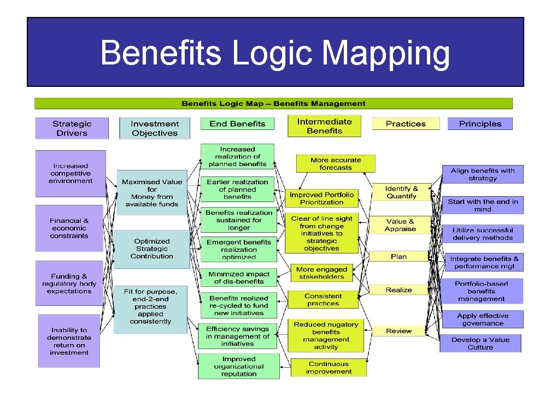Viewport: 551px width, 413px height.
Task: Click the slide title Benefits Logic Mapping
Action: (275, 53)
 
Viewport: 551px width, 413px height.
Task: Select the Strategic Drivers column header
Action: (72, 128)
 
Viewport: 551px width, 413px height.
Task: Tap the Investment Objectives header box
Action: (155, 128)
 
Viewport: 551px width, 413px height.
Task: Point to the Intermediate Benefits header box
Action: (324, 126)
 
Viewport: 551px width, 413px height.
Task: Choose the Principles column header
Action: (480, 124)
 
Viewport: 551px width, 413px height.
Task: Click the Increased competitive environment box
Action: (71, 173)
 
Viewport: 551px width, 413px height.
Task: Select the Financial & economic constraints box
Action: (69, 228)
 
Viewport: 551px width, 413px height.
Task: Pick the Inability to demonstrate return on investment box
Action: (69, 341)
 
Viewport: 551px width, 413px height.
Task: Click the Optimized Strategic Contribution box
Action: (152, 249)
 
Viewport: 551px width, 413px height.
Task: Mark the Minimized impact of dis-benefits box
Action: (238, 278)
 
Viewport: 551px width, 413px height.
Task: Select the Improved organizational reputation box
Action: (239, 366)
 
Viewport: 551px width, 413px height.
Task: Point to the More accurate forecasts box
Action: (336, 164)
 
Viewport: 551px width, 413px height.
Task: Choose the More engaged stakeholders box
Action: (321, 273)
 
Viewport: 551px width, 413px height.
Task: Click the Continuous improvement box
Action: (329, 368)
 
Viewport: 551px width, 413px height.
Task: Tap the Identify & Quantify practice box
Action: (401, 192)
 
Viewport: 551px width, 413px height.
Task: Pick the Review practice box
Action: (399, 331)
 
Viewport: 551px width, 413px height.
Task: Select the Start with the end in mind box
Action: (483, 205)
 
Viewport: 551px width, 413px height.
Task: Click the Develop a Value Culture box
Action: (480, 343)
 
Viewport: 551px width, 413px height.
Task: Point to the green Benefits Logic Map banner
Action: (273, 103)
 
